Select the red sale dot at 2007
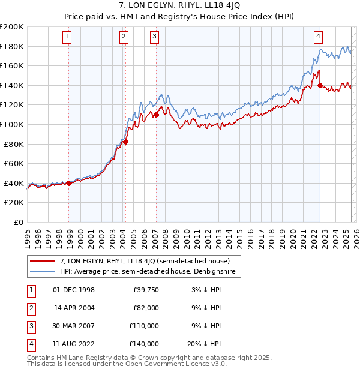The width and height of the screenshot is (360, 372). (155, 115)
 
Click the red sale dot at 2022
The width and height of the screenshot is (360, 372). (320, 85)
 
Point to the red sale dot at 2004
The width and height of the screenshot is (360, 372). (125, 142)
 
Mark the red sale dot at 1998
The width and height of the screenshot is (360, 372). (68, 184)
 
